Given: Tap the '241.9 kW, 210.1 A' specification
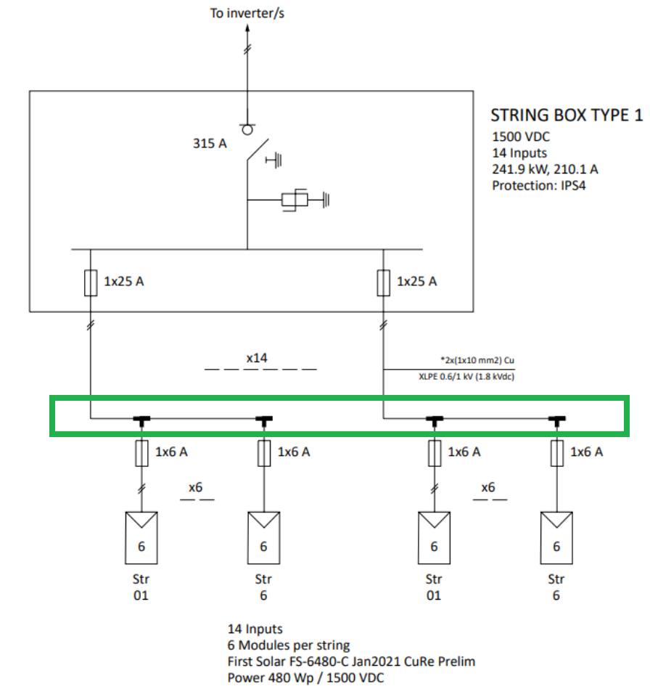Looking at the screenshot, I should coord(545,169).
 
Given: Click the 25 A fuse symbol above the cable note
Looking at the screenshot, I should coord(383,282).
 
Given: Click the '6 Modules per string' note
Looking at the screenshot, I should coord(289,645).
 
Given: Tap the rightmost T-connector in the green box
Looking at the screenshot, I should coord(556,419).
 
